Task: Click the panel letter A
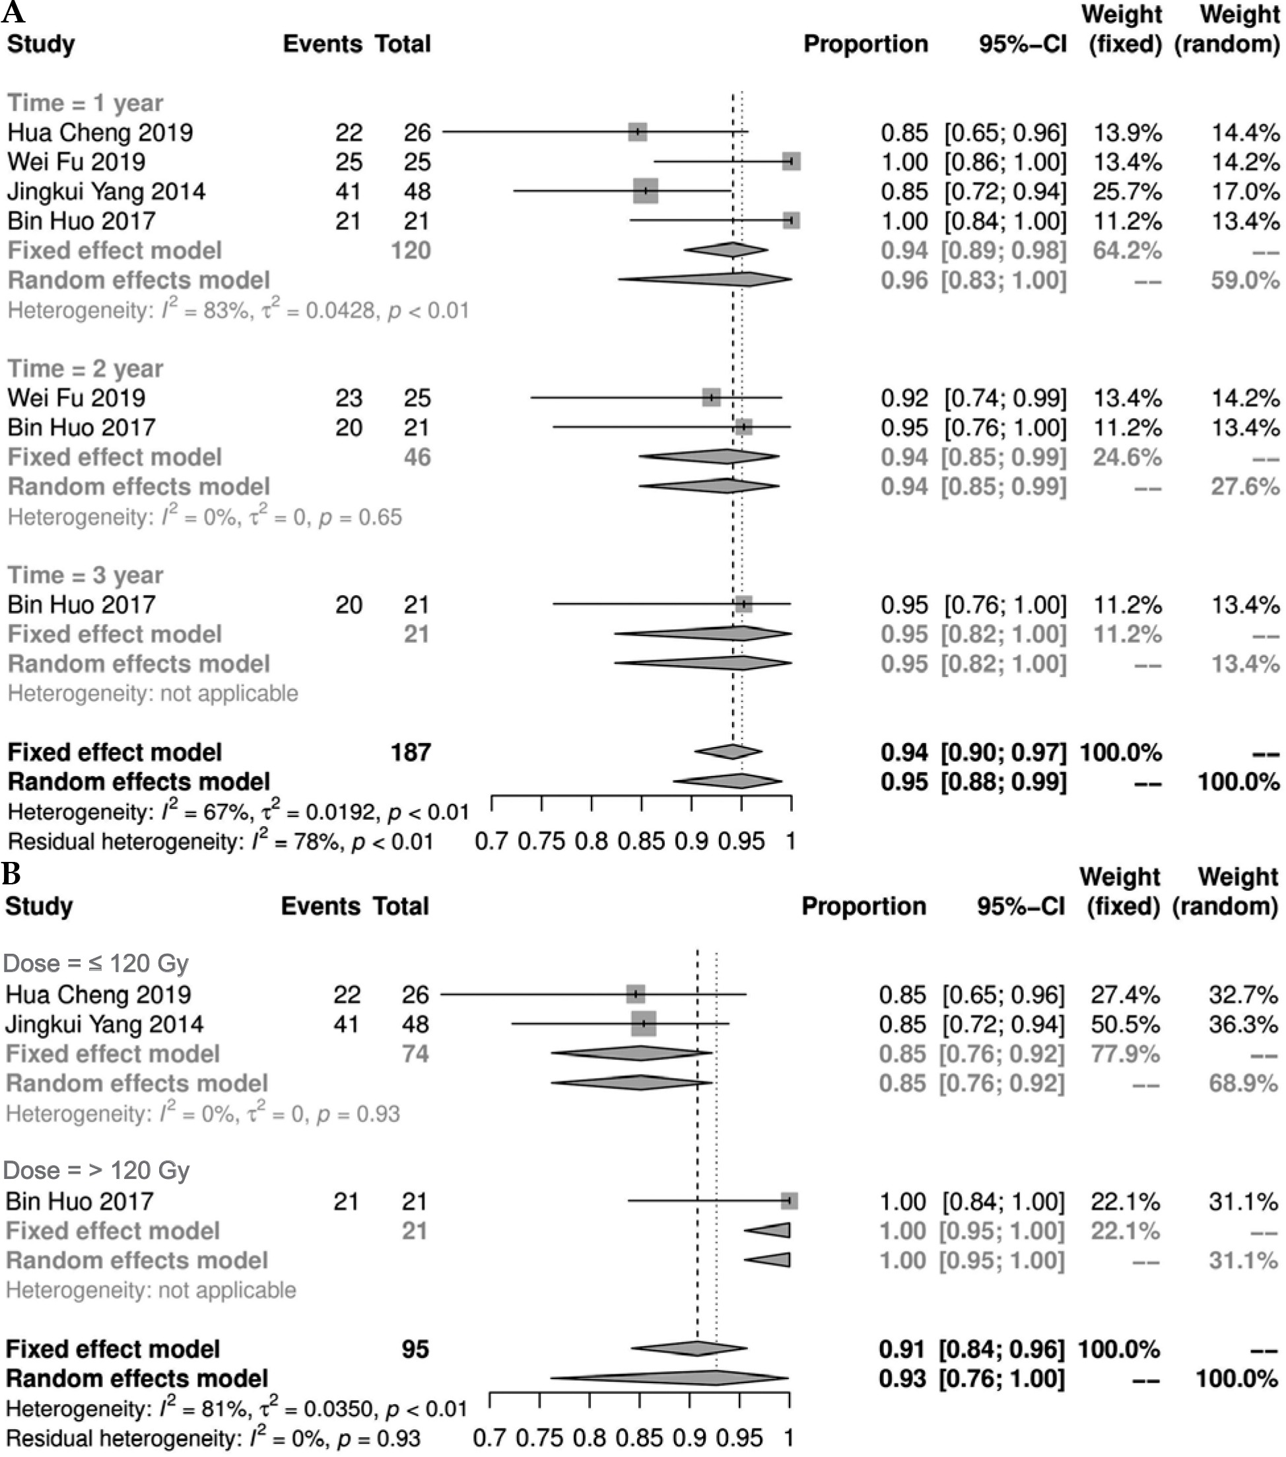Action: pos(13,12)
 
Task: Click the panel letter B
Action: pos(11,874)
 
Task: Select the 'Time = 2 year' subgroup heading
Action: pos(86,369)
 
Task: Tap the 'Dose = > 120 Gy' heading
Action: pos(97,1170)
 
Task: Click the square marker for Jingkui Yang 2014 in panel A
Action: pos(646,191)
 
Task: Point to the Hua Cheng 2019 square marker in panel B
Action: pos(636,995)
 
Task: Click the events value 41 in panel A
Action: pos(349,191)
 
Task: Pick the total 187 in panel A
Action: pos(411,752)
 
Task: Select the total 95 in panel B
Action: pos(415,1349)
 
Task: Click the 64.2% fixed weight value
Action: pos(1127,251)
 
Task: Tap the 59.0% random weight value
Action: pos(1244,280)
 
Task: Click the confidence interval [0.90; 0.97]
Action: pos(1003,752)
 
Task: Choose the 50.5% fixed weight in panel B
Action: pos(1125,1024)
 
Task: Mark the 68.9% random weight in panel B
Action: pos(1242,1083)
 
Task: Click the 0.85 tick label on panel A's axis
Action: pos(641,841)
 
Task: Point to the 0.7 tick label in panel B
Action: pos(489,1438)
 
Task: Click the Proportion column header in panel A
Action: pos(865,44)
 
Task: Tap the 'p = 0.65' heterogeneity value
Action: pos(360,516)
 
